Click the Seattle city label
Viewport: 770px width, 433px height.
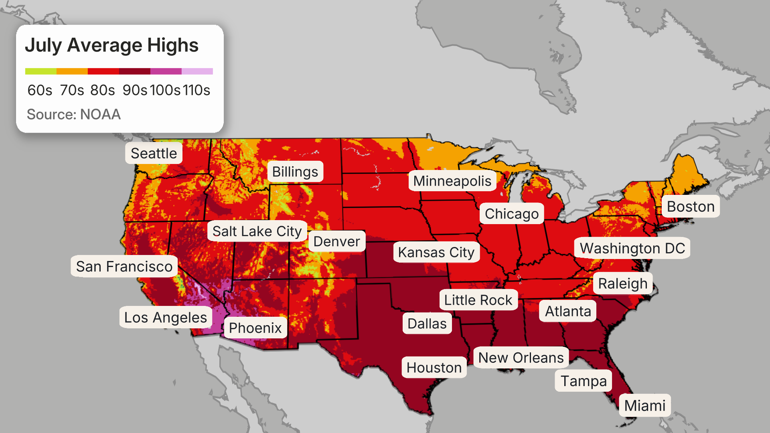154,153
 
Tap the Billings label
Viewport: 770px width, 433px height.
295,172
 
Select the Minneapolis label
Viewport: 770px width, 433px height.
452,181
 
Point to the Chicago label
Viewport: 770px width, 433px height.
512,214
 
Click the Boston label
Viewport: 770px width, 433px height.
691,206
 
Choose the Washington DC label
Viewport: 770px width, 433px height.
632,248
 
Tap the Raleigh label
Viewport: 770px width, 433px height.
622,283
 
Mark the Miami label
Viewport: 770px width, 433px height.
644,405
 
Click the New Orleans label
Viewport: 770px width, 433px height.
521,358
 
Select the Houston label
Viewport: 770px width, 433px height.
434,368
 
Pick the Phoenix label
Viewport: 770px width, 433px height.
255,328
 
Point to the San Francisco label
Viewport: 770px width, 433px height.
124,266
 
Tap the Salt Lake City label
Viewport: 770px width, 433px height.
257,231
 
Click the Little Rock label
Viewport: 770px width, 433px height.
478,300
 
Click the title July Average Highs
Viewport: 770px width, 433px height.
111,45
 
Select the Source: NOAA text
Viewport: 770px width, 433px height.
73,114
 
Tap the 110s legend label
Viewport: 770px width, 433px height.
197,90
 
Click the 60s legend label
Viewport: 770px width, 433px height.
40,90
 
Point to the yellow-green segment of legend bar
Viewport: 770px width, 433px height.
41,71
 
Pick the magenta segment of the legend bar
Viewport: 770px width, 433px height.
166,71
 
